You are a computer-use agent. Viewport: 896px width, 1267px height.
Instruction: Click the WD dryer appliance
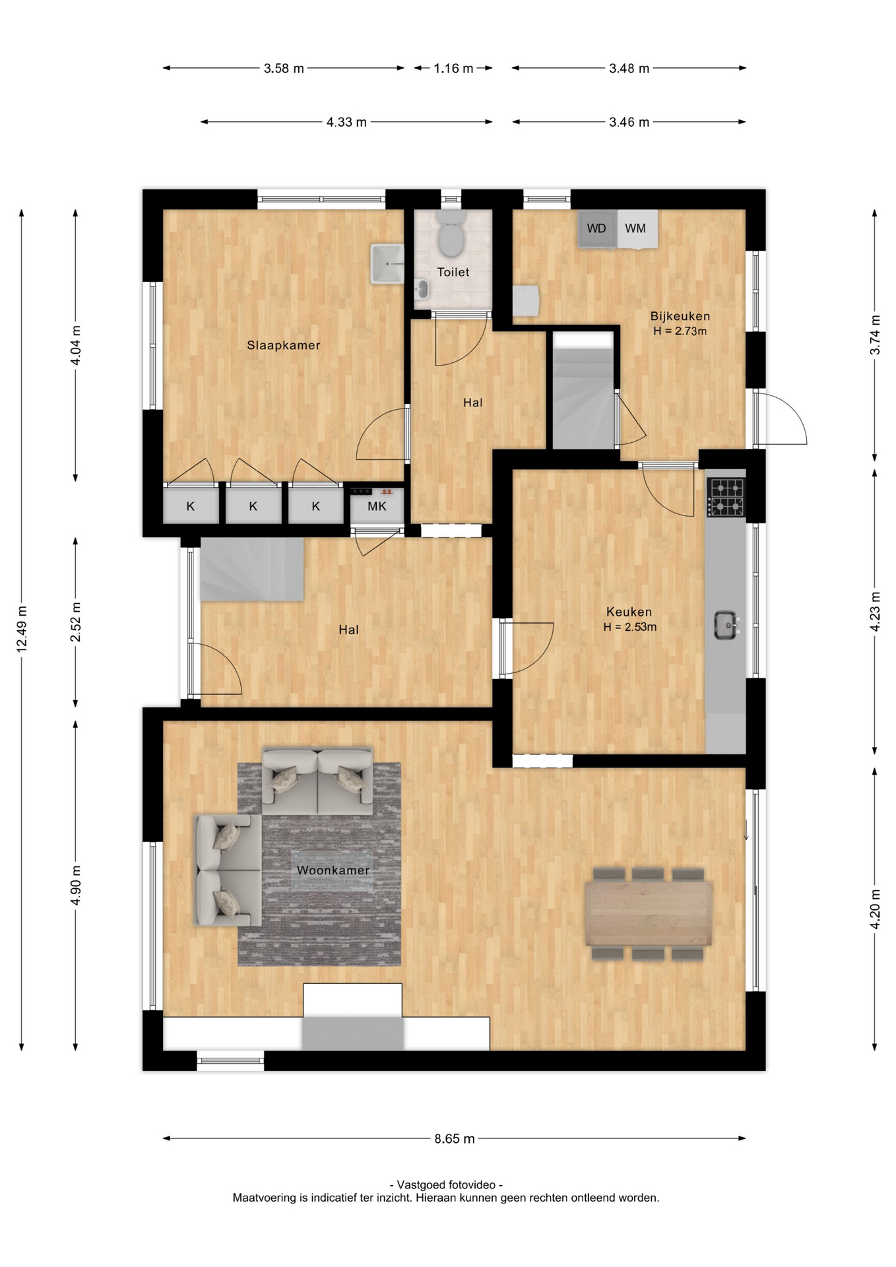pyautogui.click(x=596, y=229)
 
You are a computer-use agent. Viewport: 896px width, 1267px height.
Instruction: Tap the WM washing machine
pyautogui.click(x=636, y=229)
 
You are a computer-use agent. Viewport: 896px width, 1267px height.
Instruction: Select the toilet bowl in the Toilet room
pyautogui.click(x=451, y=239)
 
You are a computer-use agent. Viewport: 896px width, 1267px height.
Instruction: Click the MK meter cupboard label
pyautogui.click(x=377, y=507)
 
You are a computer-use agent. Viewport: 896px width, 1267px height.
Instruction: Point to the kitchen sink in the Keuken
pyautogui.click(x=726, y=624)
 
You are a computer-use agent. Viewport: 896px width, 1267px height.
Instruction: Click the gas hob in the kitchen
pyautogui.click(x=726, y=498)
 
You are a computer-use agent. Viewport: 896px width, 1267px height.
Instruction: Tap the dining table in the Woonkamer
pyautogui.click(x=648, y=913)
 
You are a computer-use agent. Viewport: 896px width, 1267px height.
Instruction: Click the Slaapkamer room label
pyautogui.click(x=284, y=345)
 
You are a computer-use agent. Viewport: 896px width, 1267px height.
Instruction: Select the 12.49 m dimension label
pyautogui.click(x=22, y=628)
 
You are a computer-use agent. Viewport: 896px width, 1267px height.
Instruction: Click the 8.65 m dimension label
pyautogui.click(x=455, y=1139)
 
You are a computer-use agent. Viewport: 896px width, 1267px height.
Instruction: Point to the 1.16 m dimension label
pyautogui.click(x=453, y=69)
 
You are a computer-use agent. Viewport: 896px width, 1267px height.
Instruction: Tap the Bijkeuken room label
pyautogui.click(x=680, y=316)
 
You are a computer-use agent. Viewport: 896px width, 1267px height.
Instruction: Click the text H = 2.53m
pyautogui.click(x=629, y=628)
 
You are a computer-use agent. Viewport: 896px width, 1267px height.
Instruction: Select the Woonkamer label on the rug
pyautogui.click(x=333, y=870)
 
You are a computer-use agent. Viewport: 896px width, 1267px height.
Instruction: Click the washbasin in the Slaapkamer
pyautogui.click(x=387, y=263)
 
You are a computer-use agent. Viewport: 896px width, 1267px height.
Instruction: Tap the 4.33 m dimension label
pyautogui.click(x=346, y=122)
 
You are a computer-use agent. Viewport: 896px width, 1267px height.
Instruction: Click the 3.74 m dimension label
pyautogui.click(x=875, y=335)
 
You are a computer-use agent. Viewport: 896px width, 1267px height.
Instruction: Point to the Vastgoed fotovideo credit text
pyautogui.click(x=446, y=1185)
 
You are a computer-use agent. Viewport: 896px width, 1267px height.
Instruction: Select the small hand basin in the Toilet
pyautogui.click(x=422, y=288)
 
